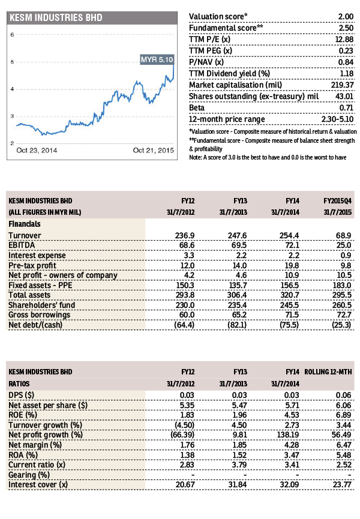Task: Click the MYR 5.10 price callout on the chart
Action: (x=157, y=59)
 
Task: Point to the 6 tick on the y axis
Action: (x=12, y=34)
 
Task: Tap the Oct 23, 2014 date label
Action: (x=37, y=150)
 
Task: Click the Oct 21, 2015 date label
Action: (x=153, y=150)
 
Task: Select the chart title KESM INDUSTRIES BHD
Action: (x=56, y=17)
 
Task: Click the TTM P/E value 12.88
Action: (x=344, y=40)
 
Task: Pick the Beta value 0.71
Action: (x=346, y=107)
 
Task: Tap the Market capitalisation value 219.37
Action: (x=342, y=85)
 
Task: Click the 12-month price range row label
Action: (x=227, y=119)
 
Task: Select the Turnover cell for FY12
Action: (x=185, y=235)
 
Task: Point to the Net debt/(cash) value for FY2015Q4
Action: (x=341, y=325)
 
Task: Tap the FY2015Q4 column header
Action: (x=337, y=201)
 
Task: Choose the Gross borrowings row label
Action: (x=40, y=315)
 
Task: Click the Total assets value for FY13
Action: (x=237, y=295)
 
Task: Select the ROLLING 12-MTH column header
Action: (x=328, y=372)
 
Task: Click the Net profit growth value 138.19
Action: (x=288, y=434)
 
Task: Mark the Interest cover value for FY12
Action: (x=185, y=485)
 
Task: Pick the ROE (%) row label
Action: (x=23, y=415)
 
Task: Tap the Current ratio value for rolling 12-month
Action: (x=344, y=465)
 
